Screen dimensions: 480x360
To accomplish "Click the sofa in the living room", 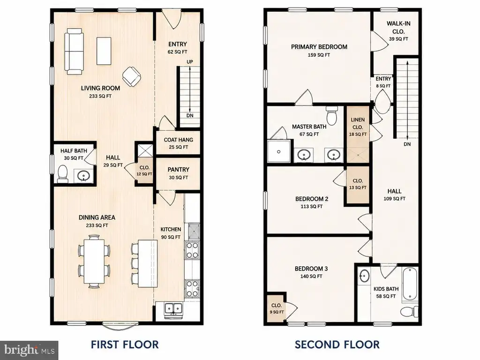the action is pos(74,52).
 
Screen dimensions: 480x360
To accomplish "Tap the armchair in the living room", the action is pos(132,76).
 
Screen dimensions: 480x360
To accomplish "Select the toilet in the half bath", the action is pos(63,174).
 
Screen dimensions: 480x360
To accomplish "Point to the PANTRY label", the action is pos(179,170).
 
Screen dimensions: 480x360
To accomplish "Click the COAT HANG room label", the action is pos(179,140).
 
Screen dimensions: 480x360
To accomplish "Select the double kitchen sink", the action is pos(173,308).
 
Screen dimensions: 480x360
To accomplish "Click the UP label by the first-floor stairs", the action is pos(190,62).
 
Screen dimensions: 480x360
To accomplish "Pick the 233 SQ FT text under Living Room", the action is pos(100,96).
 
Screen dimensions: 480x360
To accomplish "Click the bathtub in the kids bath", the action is pos(410,284).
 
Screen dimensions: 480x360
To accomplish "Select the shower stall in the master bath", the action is pos(279,151).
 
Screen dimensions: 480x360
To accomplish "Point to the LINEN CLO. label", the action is pos(358,123).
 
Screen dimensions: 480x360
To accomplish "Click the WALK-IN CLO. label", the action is pos(398,28).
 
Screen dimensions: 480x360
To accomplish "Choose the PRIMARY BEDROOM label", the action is pos(319,47).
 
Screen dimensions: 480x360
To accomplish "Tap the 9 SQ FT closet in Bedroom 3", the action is pos(276,308).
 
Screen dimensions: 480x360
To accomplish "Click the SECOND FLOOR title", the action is pos(337,345).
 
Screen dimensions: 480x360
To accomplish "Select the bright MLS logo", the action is pos(30,350).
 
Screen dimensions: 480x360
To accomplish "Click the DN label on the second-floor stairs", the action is pos(407,144).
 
